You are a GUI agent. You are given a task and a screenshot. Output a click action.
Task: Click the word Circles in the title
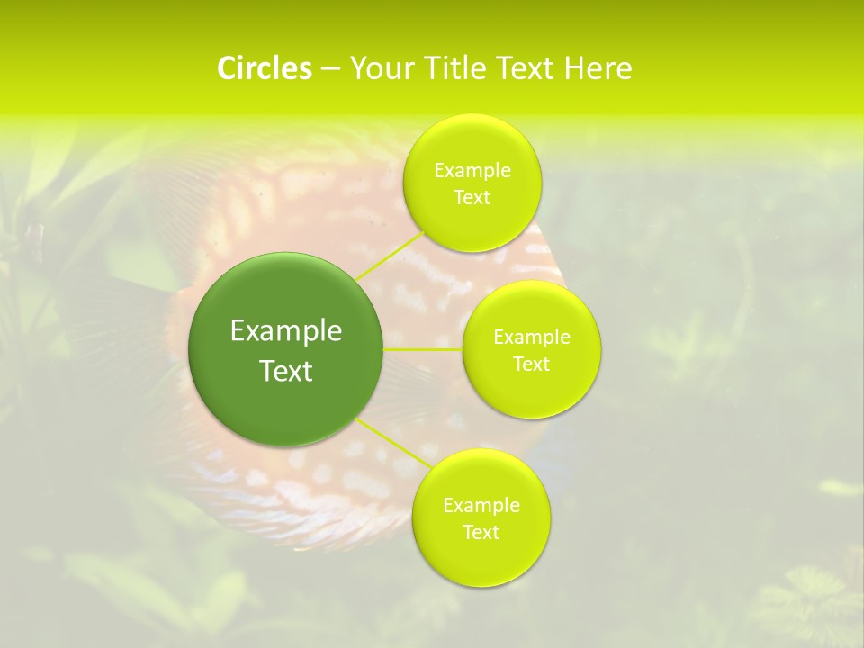pos(264,68)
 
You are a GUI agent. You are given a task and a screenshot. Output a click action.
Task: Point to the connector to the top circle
pos(389,255)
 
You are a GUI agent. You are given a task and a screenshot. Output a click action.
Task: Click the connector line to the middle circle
pos(423,349)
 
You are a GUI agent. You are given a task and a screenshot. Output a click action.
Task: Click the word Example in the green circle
pos(286,331)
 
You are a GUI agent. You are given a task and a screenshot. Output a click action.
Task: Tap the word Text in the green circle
pos(286,371)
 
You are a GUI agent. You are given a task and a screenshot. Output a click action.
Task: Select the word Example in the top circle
pos(472,171)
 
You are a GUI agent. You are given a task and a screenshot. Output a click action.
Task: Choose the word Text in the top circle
pos(472,198)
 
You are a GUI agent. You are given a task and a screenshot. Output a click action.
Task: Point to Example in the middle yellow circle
pos(532,337)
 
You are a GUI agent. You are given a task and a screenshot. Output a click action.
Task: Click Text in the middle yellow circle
pos(532,364)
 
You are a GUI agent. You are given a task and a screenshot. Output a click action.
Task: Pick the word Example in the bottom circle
pos(481,506)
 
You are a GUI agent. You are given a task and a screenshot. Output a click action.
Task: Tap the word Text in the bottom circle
pos(481,533)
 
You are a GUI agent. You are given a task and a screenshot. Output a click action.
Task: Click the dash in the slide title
pos(330,68)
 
